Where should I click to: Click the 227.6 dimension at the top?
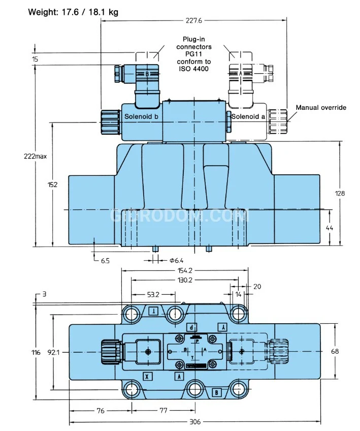pyautogui.click(x=193, y=21)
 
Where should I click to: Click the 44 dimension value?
pyautogui.click(x=330, y=229)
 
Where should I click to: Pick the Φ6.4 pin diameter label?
pyautogui.click(x=175, y=261)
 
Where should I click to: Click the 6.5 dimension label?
pyautogui.click(x=105, y=261)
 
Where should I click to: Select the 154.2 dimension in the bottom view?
pyautogui.click(x=184, y=271)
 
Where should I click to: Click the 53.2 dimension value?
pyautogui.click(x=153, y=294)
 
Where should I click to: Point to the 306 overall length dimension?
pyautogui.click(x=195, y=422)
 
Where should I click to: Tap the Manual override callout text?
pyautogui.click(x=321, y=107)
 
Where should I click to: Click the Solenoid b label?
pyautogui.click(x=141, y=117)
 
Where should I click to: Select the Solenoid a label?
pyautogui.click(x=249, y=117)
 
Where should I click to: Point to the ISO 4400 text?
pyautogui.click(x=193, y=69)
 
